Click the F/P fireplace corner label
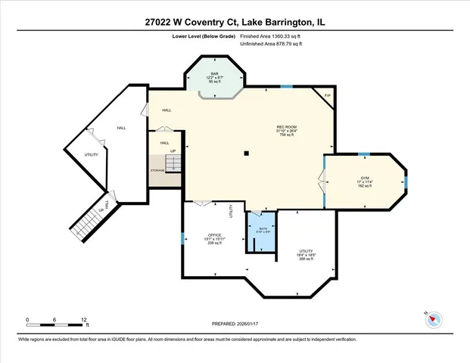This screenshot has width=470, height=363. pos(327,95)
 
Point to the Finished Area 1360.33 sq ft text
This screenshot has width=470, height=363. pos(271,36)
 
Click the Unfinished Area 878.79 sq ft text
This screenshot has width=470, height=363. pos(271,45)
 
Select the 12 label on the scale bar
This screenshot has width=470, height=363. pos(85,319)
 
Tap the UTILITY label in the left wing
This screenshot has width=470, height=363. pos(91,154)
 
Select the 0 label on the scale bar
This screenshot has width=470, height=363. pos(27,319)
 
